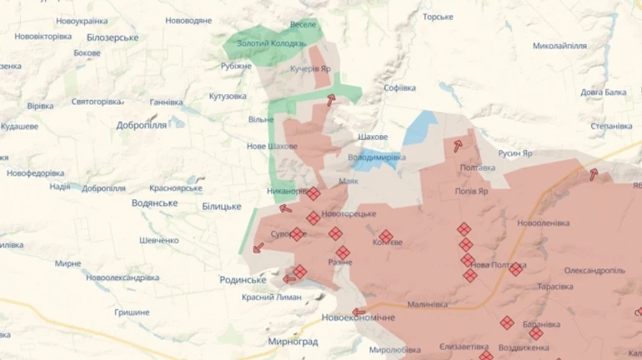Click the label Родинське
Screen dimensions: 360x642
(243, 280)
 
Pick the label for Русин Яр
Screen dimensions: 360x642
(522, 153)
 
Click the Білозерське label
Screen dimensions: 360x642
(112, 37)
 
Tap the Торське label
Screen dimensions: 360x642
(438, 17)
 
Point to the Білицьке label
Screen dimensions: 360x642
(221, 206)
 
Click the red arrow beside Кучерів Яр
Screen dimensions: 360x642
(331, 100)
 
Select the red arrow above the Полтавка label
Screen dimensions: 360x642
(458, 146)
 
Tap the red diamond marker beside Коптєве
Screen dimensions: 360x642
(385, 237)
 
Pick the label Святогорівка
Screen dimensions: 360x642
(97, 101)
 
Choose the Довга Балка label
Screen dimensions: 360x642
(604, 92)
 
